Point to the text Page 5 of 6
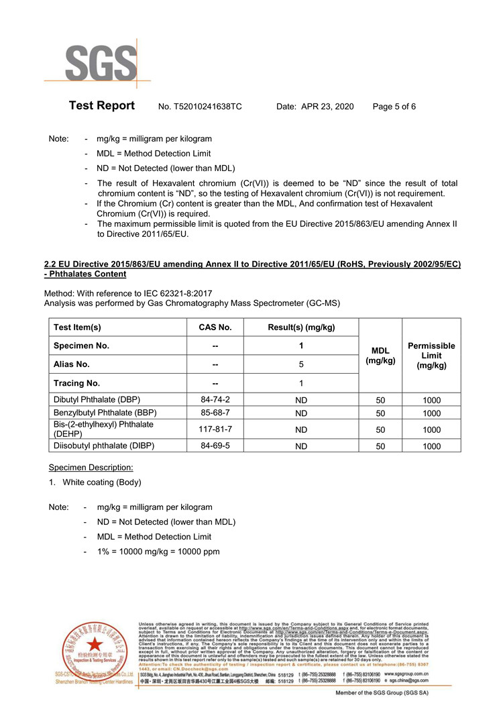point(394,107)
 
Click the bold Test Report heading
point(102,106)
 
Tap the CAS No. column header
point(215,327)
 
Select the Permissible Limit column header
point(431,356)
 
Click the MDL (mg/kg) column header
point(380,356)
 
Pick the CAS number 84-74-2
point(215,399)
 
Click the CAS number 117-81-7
point(215,429)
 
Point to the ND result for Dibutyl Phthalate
point(301,400)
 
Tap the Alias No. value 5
point(301,364)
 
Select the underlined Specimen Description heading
point(91,467)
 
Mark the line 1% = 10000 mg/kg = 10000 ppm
point(158,552)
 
